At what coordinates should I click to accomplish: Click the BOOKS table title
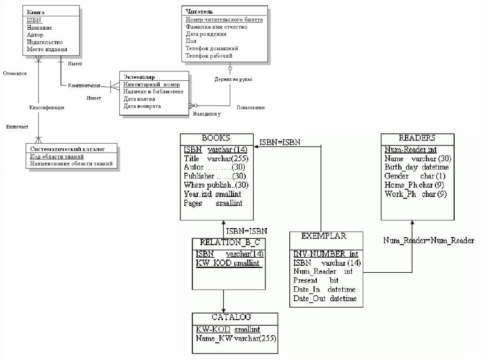click(x=216, y=138)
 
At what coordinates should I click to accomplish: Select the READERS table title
click(x=417, y=138)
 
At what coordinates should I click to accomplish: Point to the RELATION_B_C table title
click(x=230, y=243)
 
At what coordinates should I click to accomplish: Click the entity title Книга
click(x=36, y=11)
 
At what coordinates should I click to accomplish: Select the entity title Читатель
click(x=199, y=11)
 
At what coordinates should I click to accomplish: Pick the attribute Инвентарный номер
click(x=151, y=84)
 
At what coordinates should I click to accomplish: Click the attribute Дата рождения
click(x=206, y=34)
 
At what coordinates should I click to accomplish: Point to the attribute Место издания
click(x=47, y=49)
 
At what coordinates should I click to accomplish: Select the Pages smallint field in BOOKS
click(x=213, y=203)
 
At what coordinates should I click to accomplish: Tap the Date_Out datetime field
click(x=325, y=299)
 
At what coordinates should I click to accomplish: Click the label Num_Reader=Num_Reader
click(x=428, y=240)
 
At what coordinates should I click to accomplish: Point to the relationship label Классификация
click(x=47, y=107)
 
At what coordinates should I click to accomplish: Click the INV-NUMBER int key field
click(x=326, y=254)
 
